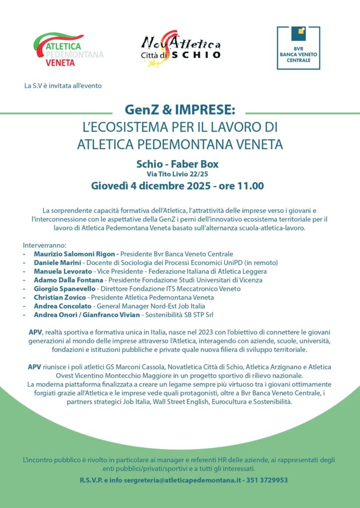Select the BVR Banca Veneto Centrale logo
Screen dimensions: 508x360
click(x=298, y=48)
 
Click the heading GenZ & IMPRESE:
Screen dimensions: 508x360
click(x=180, y=109)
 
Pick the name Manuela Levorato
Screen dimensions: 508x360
click(x=63, y=271)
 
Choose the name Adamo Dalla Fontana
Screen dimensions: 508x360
click(x=69, y=280)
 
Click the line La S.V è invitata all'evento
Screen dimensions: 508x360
click(x=63, y=85)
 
